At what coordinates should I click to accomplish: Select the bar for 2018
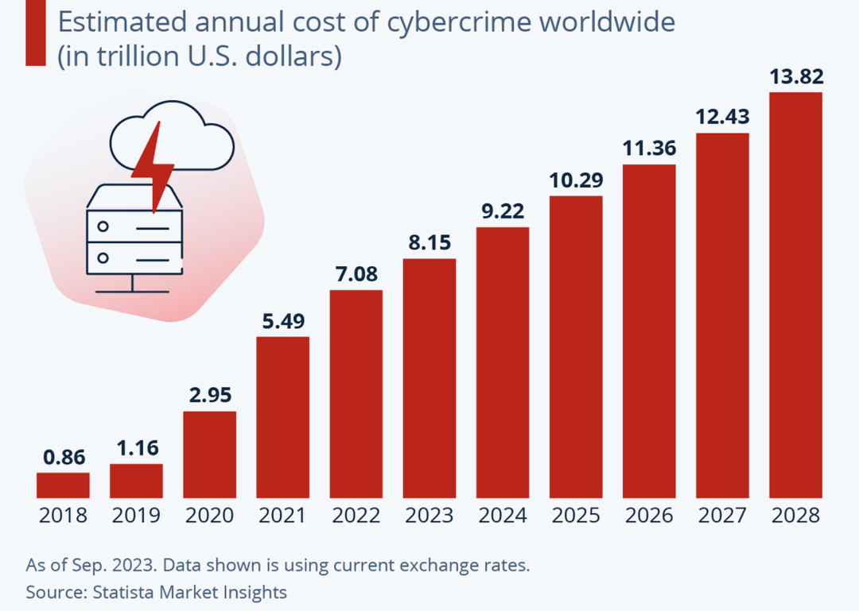(63, 485)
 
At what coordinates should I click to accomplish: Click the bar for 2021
(282, 417)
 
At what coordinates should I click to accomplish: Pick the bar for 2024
(503, 362)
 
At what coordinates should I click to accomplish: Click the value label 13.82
(796, 78)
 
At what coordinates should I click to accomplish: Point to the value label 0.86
(63, 458)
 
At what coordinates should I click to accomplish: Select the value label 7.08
(356, 275)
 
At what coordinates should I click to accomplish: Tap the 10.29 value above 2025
(576, 180)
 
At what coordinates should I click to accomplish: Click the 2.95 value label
(210, 396)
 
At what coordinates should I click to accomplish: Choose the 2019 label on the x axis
(136, 516)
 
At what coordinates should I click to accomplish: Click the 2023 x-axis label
(429, 516)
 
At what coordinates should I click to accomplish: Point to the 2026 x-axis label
(649, 516)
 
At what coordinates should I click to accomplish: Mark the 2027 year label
(722, 516)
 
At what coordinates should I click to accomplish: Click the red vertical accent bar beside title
(35, 33)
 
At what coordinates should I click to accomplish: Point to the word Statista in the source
(124, 592)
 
